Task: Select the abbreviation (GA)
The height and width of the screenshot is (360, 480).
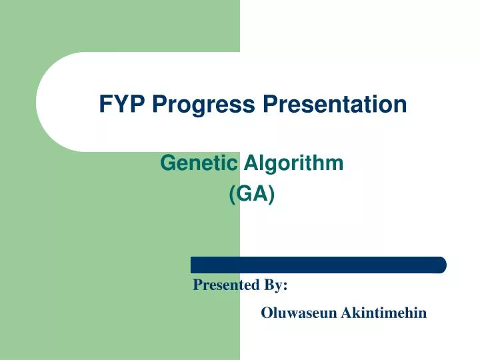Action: [251, 195]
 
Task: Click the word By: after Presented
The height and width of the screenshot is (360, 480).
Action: [276, 285]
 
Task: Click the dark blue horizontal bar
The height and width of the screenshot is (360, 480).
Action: [318, 265]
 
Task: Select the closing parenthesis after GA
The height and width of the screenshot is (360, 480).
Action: [271, 195]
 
